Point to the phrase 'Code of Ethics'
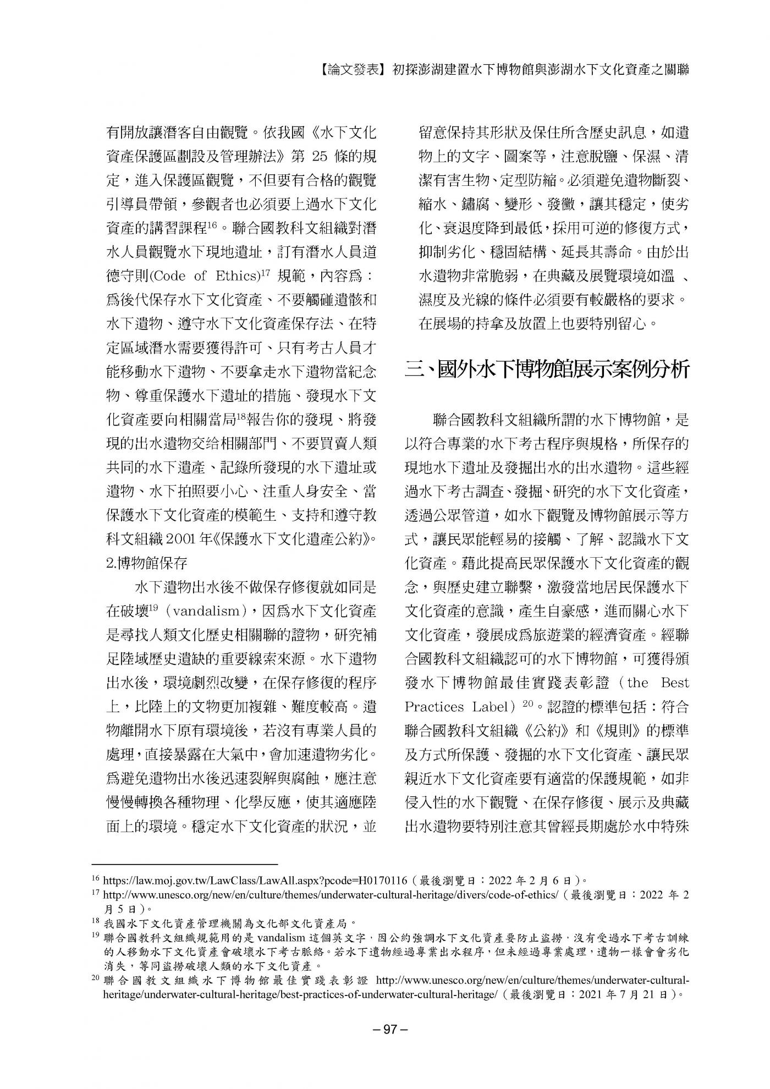pyautogui.click(x=200, y=276)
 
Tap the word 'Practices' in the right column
pyautogui.click(x=439, y=706)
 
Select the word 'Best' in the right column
pyautogui.click(x=674, y=683)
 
